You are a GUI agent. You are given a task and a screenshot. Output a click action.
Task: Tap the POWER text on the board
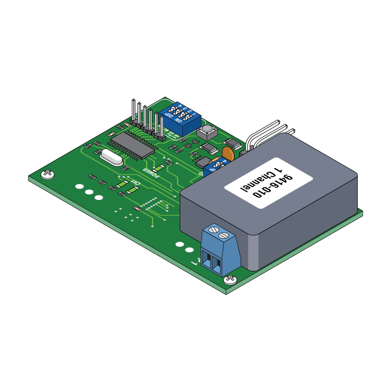151,173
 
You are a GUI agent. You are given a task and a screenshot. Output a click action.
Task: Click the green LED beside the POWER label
158,168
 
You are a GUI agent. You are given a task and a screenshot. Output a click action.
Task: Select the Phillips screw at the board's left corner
48,174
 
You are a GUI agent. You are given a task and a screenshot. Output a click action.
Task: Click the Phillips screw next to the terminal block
230,279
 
